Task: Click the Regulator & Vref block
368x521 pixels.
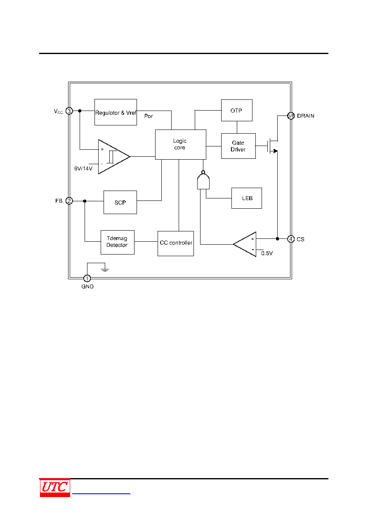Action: coord(116,112)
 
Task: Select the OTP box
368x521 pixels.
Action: coord(236,110)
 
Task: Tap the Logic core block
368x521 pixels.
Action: coord(181,144)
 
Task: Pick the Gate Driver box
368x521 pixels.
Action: coord(238,146)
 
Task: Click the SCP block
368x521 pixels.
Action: coord(120,202)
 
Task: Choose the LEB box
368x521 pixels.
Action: coord(247,198)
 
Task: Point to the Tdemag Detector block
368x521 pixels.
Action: coord(118,242)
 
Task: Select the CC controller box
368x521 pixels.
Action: coord(176,243)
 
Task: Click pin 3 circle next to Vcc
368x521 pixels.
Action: coord(69,111)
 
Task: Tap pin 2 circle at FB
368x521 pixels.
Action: coord(69,201)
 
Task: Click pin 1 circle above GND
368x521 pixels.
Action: coord(87,278)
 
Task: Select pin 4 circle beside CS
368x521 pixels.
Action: coord(291,239)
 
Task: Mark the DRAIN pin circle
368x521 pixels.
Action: coord(291,116)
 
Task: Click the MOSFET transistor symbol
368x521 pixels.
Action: coord(272,146)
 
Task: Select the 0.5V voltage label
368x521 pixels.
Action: coord(267,253)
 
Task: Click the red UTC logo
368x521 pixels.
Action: coord(55,488)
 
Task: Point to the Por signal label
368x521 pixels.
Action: coord(149,116)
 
